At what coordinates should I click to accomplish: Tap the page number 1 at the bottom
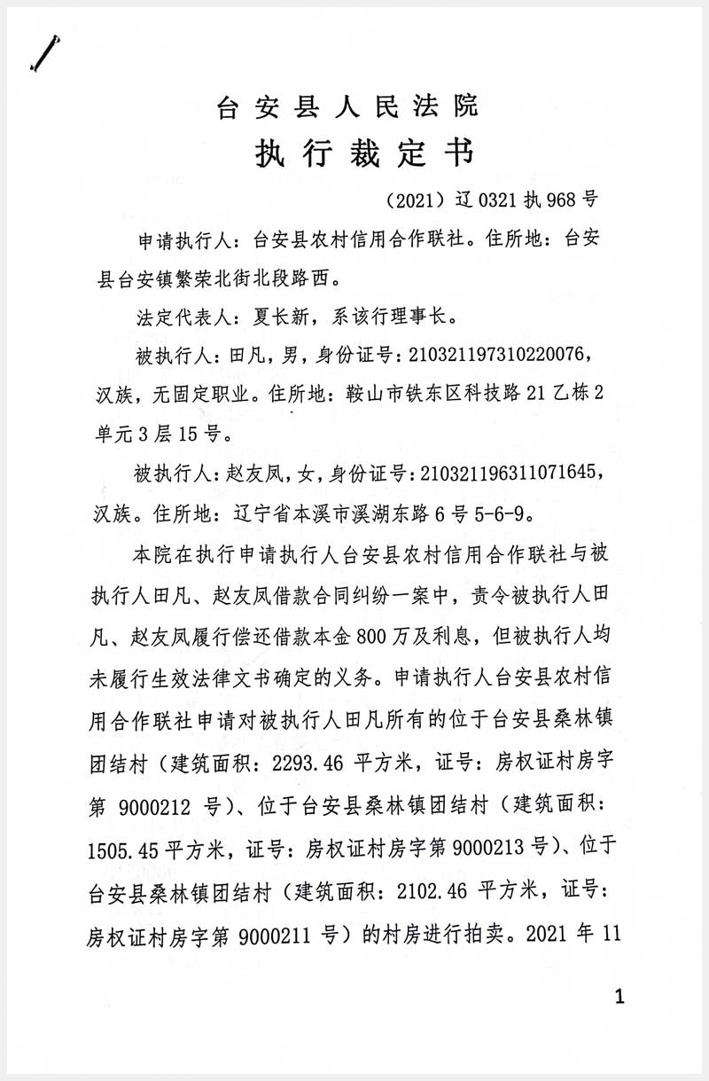(x=619, y=998)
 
